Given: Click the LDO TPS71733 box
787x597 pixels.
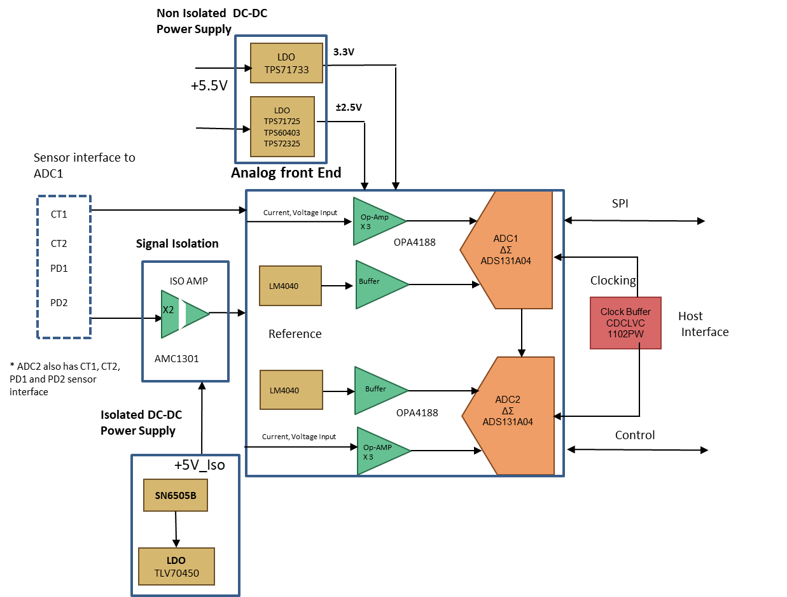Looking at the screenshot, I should pyautogui.click(x=286, y=63).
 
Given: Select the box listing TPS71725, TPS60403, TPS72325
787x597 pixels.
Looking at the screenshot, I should pyautogui.click(x=282, y=127).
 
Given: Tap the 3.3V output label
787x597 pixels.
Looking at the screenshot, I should pyautogui.click(x=344, y=52).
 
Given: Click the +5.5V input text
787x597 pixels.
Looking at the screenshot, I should pyautogui.click(x=209, y=85).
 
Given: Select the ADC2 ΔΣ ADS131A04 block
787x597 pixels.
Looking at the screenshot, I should pyautogui.click(x=508, y=415).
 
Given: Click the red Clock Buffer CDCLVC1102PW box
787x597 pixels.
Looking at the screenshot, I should pyautogui.click(x=625, y=323).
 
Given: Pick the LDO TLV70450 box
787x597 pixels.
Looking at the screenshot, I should pyautogui.click(x=176, y=566).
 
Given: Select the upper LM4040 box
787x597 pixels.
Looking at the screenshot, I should pyautogui.click(x=284, y=286).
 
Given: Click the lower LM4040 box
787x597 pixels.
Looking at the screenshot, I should pyautogui.click(x=284, y=390).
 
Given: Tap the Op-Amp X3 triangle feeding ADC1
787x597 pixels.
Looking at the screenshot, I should pyautogui.click(x=376, y=221).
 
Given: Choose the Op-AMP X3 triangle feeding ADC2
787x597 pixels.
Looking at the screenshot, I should pyautogui.click(x=380, y=451).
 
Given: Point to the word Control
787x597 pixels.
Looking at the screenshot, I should pyautogui.click(x=634, y=435).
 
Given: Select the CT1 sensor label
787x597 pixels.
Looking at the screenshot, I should pyautogui.click(x=59, y=214).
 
